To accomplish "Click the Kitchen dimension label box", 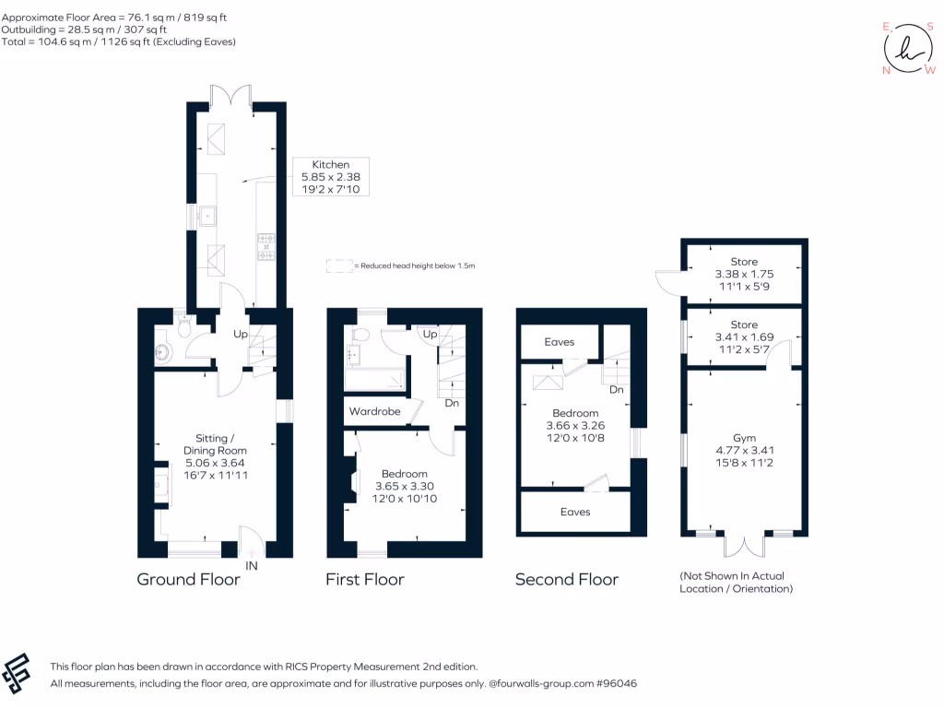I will click(x=330, y=176).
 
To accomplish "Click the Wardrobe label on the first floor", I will click(x=373, y=411).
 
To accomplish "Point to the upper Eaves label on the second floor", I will click(x=559, y=342).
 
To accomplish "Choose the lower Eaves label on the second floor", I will click(x=575, y=512).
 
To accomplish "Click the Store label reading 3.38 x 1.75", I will click(x=744, y=274).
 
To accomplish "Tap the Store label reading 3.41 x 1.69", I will click(x=744, y=337).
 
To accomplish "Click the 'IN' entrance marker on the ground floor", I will click(x=252, y=565).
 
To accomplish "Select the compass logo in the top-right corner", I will click(x=908, y=48).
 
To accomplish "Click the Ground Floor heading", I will click(x=188, y=580).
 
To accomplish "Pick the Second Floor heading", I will click(x=566, y=580).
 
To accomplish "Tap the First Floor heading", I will click(x=364, y=580).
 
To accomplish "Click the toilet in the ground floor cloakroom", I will click(x=183, y=327).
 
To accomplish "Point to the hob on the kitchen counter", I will click(x=267, y=246).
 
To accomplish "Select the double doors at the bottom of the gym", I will click(x=745, y=546).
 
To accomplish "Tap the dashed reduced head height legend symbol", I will click(x=339, y=265).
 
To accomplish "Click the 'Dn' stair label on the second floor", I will click(x=617, y=390).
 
